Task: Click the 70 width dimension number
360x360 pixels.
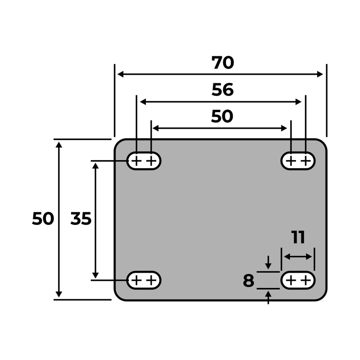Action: [x=223, y=63]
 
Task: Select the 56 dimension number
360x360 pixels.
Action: [x=223, y=90]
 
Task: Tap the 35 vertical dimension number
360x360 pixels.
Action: [x=81, y=219]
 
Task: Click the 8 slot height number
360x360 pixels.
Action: [x=248, y=281]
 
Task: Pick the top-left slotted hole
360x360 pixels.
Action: [x=144, y=161]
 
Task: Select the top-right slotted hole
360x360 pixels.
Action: [x=298, y=161]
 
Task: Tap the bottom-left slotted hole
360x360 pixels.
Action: [x=144, y=280]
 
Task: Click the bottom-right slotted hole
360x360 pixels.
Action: [x=298, y=280]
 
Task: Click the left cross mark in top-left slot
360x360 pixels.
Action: [x=136, y=161]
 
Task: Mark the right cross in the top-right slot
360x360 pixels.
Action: [x=306, y=161]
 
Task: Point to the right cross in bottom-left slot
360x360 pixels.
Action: [x=152, y=280]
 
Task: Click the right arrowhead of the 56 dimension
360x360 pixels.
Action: [x=298, y=102]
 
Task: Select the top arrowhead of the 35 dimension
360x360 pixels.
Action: [x=95, y=166]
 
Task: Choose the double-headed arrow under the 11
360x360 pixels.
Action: [x=298, y=257]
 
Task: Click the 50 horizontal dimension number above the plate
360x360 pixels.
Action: [x=222, y=117]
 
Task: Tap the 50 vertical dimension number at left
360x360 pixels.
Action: [x=43, y=219]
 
